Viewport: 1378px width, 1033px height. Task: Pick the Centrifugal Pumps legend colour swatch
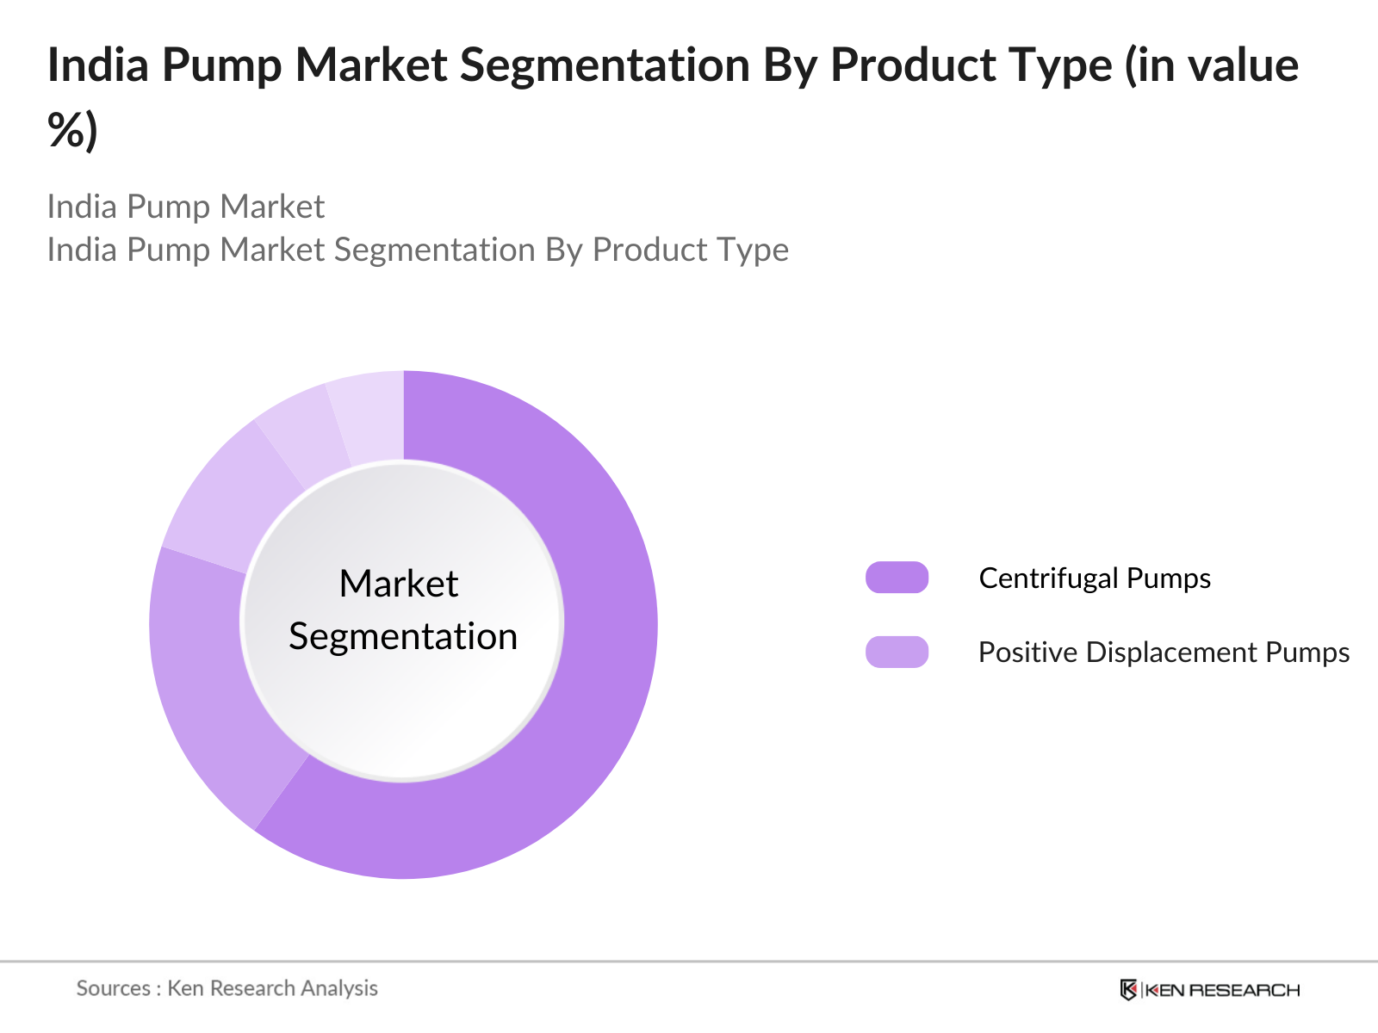[x=897, y=578]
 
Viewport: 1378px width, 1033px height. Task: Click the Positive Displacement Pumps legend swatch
[x=897, y=653]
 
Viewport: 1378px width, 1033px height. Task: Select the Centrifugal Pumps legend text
[x=1095, y=578]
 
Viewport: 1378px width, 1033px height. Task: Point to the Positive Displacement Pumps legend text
[x=1164, y=653]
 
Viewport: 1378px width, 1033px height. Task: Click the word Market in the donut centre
[x=399, y=584]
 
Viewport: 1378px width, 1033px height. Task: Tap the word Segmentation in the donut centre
[x=403, y=637]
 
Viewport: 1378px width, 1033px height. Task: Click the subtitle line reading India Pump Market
[x=185, y=207]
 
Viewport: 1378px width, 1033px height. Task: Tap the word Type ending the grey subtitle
[x=754, y=250]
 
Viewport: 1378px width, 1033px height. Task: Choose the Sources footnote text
[x=227, y=988]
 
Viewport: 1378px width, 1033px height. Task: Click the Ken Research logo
[x=1209, y=990]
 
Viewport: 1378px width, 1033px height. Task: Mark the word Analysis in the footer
[x=339, y=988]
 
